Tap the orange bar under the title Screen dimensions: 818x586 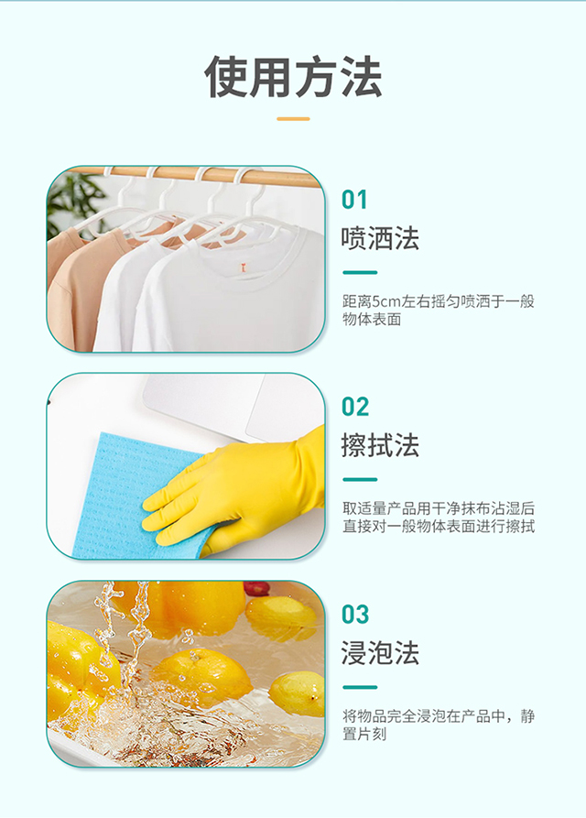293,118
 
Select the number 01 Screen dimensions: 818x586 355,200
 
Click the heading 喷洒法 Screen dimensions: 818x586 380,239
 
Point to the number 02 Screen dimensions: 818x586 355,407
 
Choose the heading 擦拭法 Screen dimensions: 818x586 380,446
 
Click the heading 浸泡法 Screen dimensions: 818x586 380,653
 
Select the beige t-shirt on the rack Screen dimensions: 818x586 78,284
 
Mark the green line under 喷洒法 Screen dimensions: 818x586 360,272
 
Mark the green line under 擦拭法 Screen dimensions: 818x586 360,479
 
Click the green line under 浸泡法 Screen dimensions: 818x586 360,686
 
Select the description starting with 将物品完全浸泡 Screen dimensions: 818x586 438,725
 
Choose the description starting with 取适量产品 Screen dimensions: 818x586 438,518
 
